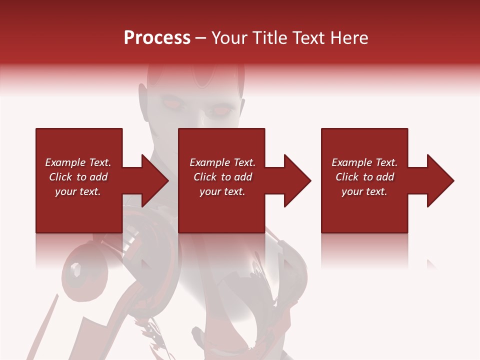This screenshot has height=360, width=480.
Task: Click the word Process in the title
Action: click(x=157, y=38)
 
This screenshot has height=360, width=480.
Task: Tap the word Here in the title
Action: click(x=350, y=38)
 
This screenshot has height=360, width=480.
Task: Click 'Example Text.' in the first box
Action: click(x=78, y=162)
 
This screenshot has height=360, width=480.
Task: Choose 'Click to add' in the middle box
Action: click(x=223, y=177)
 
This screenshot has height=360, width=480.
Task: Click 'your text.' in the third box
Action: click(x=364, y=191)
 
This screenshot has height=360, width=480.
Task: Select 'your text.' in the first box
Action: click(x=78, y=191)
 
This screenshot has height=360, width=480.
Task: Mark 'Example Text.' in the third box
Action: click(x=364, y=162)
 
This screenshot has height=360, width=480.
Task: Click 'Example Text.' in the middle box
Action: click(x=222, y=162)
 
